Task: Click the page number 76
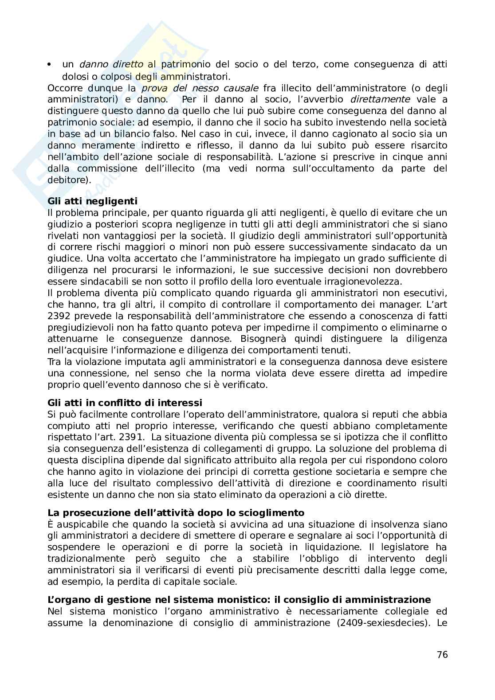(x=442, y=654)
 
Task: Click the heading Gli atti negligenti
(x=92, y=201)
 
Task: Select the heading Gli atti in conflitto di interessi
(x=125, y=403)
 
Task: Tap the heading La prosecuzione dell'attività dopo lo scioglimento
(x=176, y=512)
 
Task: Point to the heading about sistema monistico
(x=239, y=599)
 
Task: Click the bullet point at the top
(x=50, y=65)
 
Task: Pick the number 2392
(x=59, y=316)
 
